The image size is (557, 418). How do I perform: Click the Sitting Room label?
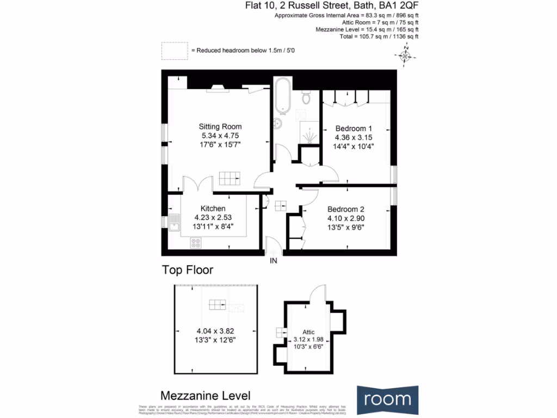pos(220,127)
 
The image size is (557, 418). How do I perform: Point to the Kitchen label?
pos(213,208)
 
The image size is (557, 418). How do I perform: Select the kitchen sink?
pos(175,222)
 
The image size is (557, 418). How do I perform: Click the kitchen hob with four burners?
pos(195,243)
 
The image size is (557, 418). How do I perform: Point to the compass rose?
pos(406,56)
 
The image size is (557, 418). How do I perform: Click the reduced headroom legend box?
pos(174,51)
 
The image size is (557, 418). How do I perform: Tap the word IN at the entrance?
pos(274,261)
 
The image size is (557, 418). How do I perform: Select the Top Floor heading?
pos(187,270)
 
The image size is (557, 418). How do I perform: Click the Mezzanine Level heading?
pos(206,396)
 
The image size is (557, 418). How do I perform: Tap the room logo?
pos(388,399)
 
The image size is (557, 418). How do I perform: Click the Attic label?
pos(308,331)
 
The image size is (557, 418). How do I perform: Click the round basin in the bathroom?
pos(279,124)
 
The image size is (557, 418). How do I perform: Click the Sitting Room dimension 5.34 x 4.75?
pos(220,136)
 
